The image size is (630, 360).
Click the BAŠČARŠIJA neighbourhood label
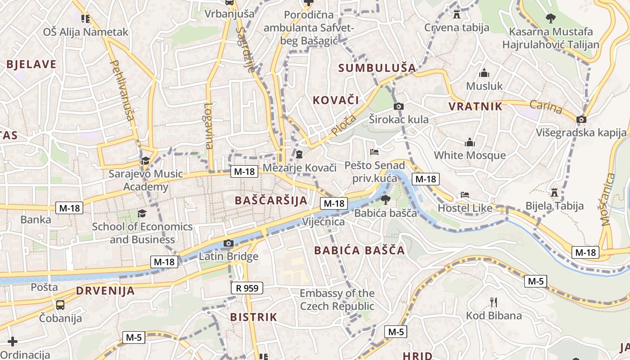(x=271, y=201)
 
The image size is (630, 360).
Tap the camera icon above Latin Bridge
(x=229, y=243)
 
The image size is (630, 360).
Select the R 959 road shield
(x=247, y=288)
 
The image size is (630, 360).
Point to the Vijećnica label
(x=323, y=222)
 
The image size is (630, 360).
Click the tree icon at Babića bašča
(x=385, y=200)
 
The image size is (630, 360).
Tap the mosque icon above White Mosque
(x=470, y=143)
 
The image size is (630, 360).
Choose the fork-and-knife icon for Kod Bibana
(x=494, y=302)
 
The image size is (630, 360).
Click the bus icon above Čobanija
(x=60, y=305)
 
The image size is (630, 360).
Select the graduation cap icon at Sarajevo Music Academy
(x=145, y=161)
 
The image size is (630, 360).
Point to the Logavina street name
(x=208, y=126)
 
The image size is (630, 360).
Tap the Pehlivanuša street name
(x=122, y=90)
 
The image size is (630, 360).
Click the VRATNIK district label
(x=475, y=107)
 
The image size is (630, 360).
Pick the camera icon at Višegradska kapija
(x=581, y=119)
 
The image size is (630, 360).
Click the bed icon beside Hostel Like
(x=465, y=195)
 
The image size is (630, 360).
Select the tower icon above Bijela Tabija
(x=554, y=192)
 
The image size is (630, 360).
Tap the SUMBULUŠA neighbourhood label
(x=377, y=68)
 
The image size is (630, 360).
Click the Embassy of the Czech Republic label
(x=337, y=300)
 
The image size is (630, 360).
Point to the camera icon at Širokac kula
(x=398, y=107)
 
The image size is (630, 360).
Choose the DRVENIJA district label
(x=105, y=291)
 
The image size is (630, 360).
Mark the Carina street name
(x=546, y=107)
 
